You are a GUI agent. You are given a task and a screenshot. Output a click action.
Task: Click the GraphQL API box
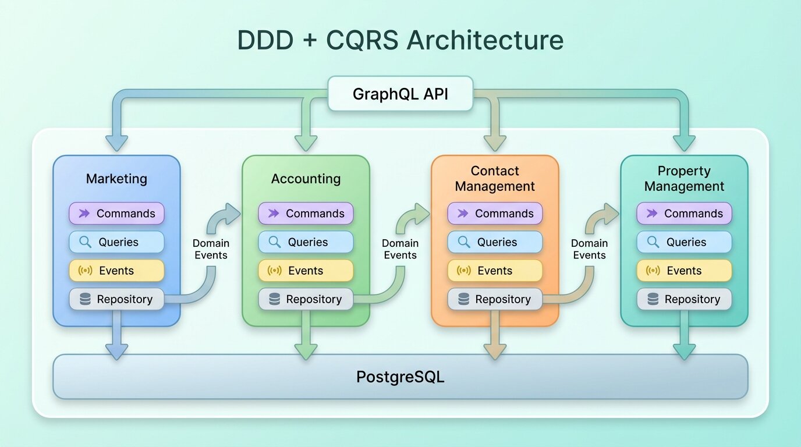coord(400,94)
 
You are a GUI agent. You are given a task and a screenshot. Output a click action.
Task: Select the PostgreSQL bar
coord(400,377)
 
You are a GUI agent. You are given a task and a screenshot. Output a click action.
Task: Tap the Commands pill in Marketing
coord(116,214)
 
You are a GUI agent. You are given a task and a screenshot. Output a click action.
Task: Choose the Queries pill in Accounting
coord(306,242)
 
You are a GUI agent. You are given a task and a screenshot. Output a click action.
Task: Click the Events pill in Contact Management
coord(495,271)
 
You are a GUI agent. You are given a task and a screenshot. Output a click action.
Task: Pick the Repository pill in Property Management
coord(684,299)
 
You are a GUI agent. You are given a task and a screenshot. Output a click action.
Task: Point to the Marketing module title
coord(116,179)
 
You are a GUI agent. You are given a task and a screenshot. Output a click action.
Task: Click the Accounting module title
coord(306,179)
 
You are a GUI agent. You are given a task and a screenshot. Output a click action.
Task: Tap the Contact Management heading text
coord(495,179)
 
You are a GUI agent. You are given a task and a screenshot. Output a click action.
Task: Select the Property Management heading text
coord(684,179)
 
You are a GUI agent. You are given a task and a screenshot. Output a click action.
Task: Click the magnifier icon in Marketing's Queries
coord(85,242)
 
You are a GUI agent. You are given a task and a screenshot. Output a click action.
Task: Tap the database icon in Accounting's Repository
coord(275,299)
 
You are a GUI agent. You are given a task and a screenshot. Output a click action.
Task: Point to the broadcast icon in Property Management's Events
coord(653,271)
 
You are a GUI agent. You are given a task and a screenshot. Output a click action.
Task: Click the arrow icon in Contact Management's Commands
coord(463,214)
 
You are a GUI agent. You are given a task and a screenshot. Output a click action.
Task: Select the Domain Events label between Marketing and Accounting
coord(211,249)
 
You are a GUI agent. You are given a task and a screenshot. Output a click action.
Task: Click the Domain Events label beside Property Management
coord(589,249)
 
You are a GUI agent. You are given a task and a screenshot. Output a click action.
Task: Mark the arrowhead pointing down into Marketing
coord(116,143)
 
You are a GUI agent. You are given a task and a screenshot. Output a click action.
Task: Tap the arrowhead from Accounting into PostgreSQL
coord(306,351)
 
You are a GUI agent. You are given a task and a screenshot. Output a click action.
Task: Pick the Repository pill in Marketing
coord(116,299)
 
